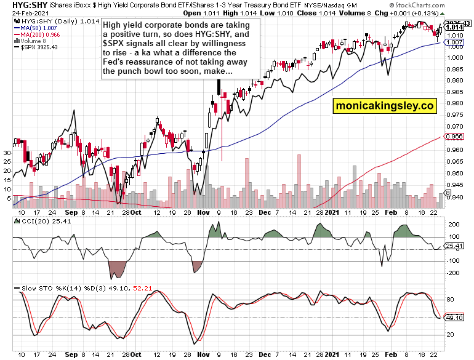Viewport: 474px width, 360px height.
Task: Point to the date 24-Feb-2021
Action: click(x=22, y=13)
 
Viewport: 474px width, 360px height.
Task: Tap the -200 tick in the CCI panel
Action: click(x=452, y=273)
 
